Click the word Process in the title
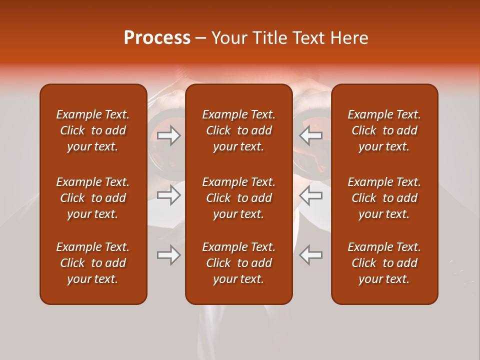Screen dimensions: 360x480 point(157,38)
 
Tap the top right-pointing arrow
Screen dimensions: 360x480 point(169,135)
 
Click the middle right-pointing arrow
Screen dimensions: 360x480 point(169,195)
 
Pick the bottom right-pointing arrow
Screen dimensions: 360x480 point(169,255)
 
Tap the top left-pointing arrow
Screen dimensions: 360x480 point(311,135)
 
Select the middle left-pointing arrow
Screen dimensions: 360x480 point(311,195)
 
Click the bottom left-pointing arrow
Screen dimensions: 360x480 point(311,255)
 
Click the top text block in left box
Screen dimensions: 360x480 point(93,130)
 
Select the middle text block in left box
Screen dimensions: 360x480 point(93,198)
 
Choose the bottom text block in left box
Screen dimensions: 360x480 point(93,263)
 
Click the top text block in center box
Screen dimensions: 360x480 point(238,130)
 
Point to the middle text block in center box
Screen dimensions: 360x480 point(238,198)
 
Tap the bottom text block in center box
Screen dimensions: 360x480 point(238,263)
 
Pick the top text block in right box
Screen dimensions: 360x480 point(384,130)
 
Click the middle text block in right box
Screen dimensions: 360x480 point(384,198)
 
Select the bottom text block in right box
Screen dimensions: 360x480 point(384,263)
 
